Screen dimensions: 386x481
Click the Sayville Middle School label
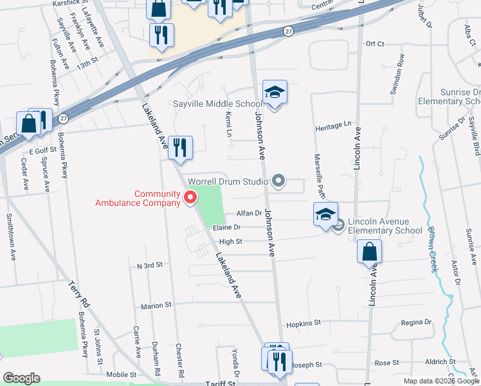pos(217,104)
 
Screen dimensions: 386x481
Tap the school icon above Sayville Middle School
pos(275,93)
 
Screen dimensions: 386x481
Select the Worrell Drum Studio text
pos(227,182)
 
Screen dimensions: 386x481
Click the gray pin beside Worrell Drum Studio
pos(278,182)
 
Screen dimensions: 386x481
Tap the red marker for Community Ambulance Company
pos(190,198)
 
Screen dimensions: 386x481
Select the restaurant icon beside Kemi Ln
pos(181,147)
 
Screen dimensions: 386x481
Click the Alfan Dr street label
pos(249,213)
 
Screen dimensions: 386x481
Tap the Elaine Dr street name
pos(228,227)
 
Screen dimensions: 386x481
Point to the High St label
pos(230,242)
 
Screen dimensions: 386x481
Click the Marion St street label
pos(157,306)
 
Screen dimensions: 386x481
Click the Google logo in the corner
pos(21,378)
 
